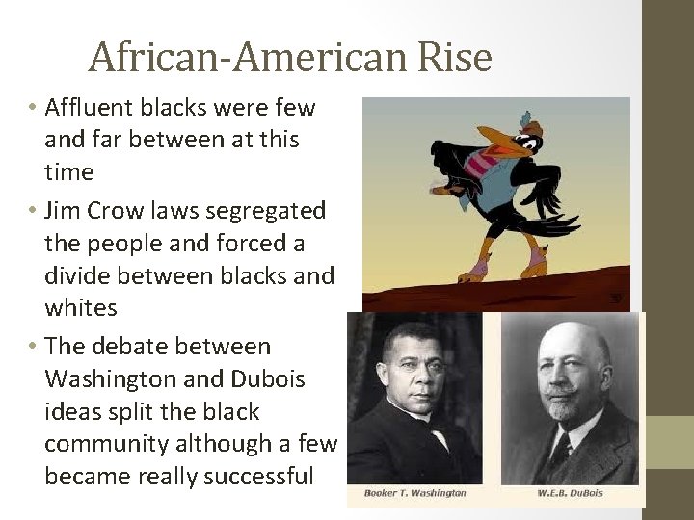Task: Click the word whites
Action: click(x=81, y=308)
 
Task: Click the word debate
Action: click(x=131, y=346)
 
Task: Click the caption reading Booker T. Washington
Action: click(x=414, y=493)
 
